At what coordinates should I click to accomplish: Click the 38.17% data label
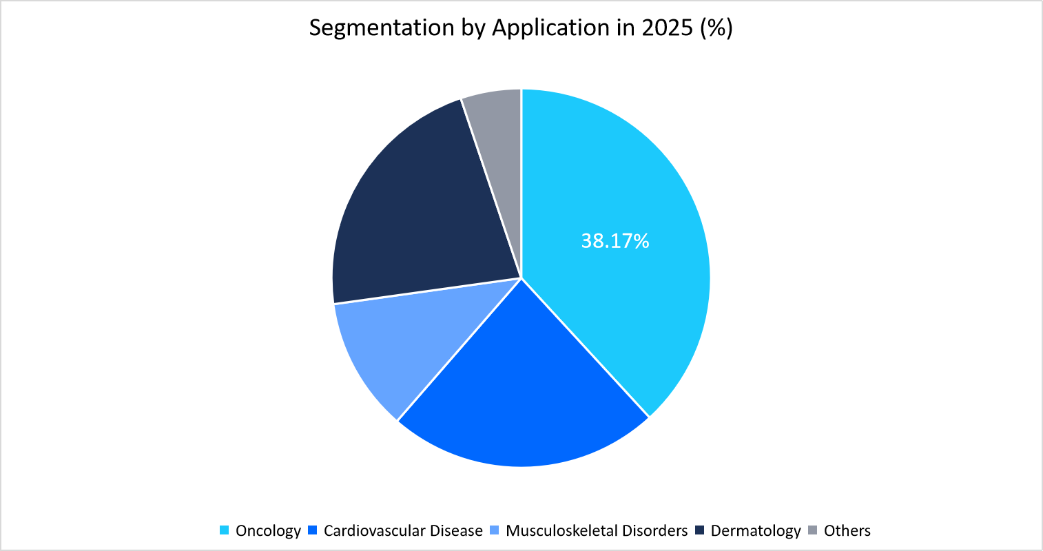[x=615, y=241]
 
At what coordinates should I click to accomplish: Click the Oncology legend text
[x=268, y=531]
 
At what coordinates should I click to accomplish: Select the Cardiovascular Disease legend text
[x=403, y=531]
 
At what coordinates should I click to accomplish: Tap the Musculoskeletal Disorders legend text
[x=597, y=531]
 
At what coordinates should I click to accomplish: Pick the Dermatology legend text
[x=756, y=531]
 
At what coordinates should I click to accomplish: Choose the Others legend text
[x=847, y=531]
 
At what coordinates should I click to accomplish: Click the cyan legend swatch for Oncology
[x=224, y=530]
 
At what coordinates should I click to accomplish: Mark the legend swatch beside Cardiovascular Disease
[x=312, y=530]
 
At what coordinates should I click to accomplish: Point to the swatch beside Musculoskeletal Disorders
[x=494, y=530]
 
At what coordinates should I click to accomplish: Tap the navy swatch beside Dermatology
[x=699, y=530]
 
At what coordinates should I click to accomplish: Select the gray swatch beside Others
[x=812, y=530]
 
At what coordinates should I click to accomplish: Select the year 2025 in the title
[x=668, y=28]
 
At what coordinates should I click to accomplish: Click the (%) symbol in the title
[x=716, y=28]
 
